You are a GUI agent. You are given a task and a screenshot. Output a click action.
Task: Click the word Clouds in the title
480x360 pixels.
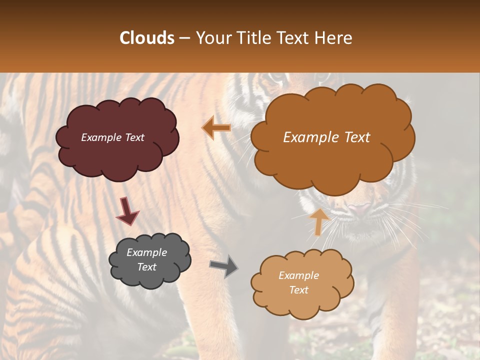pos(147,38)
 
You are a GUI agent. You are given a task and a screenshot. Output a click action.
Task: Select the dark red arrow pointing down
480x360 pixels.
pos(127,211)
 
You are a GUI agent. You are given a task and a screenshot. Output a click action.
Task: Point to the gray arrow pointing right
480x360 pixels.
pos(224,266)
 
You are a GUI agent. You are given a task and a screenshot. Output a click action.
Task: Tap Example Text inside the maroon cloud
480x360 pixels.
pos(113,137)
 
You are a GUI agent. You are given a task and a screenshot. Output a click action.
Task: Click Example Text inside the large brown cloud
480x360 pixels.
pos(326,137)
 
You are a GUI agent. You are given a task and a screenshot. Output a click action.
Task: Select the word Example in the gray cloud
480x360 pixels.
pos(146,252)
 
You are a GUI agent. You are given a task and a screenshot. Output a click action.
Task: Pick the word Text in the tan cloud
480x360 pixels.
pos(298,290)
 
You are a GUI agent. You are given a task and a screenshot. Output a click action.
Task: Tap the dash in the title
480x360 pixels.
pos(184,38)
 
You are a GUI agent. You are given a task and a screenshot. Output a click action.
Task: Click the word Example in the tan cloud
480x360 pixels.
pos(298,275)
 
